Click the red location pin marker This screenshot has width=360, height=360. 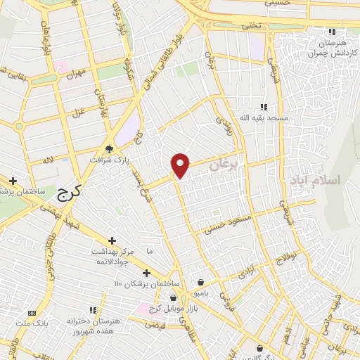181,165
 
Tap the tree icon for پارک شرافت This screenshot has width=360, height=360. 108,148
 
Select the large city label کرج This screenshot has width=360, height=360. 68,190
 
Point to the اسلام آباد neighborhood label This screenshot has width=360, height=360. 314,180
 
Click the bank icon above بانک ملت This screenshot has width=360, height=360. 32,312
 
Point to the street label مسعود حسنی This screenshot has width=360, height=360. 226,224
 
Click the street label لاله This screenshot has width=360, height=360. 48,159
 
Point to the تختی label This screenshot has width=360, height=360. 251,25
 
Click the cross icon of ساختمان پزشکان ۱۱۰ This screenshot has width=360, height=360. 146,273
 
